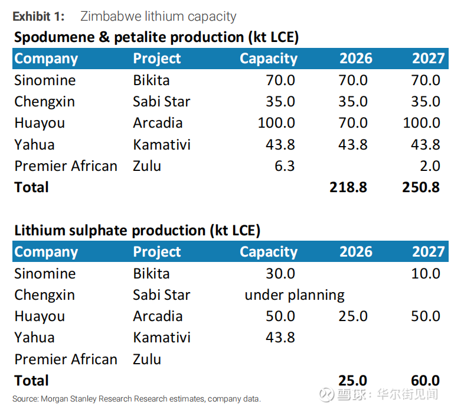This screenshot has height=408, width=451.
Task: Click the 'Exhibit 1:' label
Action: point(38,16)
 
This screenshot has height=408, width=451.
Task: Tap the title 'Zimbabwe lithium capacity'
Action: point(158,16)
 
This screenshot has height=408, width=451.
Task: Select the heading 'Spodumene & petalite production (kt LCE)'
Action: point(156,37)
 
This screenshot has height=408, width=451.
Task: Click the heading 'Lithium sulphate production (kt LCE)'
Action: point(137,230)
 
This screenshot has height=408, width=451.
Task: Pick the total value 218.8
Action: point(349,187)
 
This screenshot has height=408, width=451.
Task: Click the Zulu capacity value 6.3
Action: point(285,166)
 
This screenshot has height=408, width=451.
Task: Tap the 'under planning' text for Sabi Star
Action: point(295,294)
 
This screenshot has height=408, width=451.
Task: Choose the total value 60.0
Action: point(425,380)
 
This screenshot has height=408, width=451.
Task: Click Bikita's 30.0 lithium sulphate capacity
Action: point(280,273)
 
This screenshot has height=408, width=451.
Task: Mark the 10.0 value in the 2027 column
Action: point(425,273)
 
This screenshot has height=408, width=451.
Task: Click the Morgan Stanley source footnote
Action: point(136,399)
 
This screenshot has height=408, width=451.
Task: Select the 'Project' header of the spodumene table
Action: point(157,59)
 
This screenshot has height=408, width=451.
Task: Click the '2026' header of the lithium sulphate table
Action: point(356,251)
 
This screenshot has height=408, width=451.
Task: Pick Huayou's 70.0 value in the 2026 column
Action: point(353,123)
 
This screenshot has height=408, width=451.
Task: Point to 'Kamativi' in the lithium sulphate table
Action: point(162,337)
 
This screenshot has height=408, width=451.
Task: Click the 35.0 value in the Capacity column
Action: point(280,101)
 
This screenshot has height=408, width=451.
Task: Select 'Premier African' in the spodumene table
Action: point(66,166)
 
